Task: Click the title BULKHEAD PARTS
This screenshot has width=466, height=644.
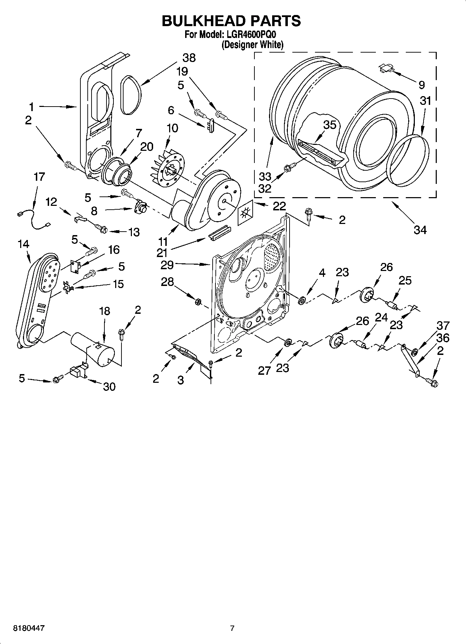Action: pos(231,21)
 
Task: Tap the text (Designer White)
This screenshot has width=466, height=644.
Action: pos(252,44)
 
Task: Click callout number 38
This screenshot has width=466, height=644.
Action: pos(189,57)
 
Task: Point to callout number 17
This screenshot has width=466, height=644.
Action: pos(39,177)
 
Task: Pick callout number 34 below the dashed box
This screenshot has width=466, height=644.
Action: pos(420,230)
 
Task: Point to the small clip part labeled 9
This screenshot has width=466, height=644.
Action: pos(385,68)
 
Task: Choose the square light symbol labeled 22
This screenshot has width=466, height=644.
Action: pos(245,213)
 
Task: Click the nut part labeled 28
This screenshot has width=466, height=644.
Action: pos(197,301)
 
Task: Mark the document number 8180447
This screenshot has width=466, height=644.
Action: pos(29,628)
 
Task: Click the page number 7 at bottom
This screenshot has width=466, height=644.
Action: pos(232,628)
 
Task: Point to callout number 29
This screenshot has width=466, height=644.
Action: pos(167,265)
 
